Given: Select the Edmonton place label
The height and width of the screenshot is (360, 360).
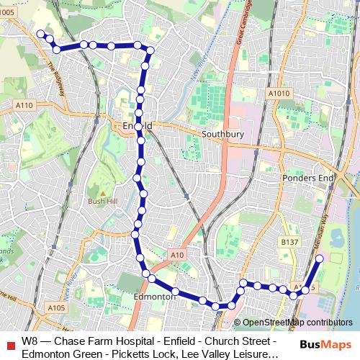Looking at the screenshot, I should pos(155,296).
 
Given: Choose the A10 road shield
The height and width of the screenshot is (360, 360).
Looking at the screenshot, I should pos(178,254).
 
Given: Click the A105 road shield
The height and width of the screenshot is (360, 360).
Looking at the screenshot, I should pos(56,307).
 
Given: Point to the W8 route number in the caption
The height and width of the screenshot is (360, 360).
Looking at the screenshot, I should pos(30,341).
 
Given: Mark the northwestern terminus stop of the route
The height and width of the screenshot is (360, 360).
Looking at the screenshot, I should pos(40,34).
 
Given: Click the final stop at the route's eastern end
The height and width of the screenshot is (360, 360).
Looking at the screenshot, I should pos(320,257).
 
